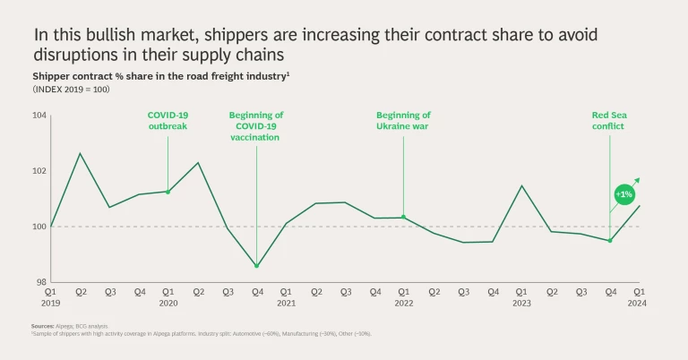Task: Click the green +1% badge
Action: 623,194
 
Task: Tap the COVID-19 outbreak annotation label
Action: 168,120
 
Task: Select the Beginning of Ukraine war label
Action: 403,120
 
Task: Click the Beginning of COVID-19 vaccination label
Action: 256,125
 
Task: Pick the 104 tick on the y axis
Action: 39,116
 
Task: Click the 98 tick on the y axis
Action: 40,282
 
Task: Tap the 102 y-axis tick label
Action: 39,171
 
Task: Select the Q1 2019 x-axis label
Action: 51,296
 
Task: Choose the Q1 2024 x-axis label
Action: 639,296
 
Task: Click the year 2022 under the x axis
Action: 403,304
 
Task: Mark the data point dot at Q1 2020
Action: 168,192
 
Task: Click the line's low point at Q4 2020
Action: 256,266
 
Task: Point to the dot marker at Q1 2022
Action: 403,217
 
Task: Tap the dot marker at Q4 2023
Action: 609,240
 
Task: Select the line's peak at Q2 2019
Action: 81,153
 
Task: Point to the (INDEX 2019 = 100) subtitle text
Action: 71,90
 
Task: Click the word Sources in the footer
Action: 43,328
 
